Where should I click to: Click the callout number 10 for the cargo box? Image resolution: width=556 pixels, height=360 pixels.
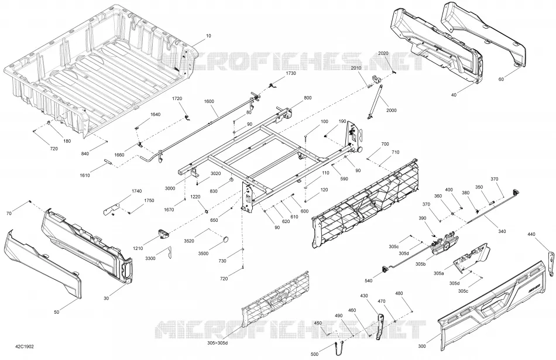(208, 36)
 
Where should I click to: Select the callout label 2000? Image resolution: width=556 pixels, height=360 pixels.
(392, 110)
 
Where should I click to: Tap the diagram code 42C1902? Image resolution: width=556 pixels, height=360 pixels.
(25, 347)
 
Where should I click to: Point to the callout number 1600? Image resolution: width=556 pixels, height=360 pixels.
(209, 101)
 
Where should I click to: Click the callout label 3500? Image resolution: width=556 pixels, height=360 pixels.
(203, 253)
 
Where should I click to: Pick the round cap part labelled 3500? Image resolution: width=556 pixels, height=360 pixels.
(225, 239)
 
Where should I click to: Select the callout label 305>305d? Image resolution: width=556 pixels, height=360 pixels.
(218, 343)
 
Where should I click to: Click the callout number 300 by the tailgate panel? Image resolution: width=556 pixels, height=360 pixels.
(422, 346)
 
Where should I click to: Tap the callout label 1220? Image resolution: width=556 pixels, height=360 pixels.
(195, 197)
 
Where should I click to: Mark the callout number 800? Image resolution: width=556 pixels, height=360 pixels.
(308, 98)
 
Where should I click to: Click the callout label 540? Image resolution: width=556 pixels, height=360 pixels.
(369, 281)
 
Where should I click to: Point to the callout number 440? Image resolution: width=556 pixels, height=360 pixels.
(531, 234)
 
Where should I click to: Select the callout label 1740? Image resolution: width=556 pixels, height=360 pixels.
(136, 191)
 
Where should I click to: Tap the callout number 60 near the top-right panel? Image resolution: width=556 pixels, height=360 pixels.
(501, 80)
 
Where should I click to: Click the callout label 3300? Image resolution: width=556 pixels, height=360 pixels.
(150, 259)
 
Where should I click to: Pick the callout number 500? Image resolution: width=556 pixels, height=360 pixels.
(314, 354)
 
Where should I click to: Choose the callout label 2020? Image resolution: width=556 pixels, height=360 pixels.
(383, 53)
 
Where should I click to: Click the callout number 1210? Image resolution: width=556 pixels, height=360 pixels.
(138, 248)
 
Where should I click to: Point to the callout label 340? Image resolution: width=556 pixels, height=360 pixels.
(502, 232)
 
